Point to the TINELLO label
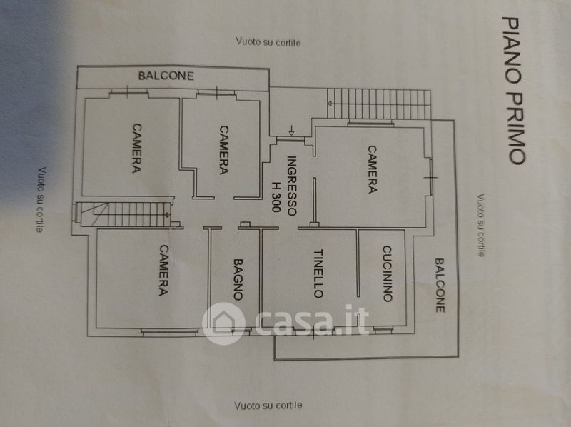(318, 273)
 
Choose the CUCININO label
(386, 273)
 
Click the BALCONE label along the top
(166, 75)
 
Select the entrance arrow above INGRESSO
(292, 131)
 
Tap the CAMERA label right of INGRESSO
(372, 169)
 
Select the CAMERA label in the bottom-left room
(163, 271)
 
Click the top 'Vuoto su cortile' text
(268, 42)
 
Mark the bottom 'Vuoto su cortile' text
(268, 406)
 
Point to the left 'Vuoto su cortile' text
(41, 200)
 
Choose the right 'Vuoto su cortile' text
(481, 225)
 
